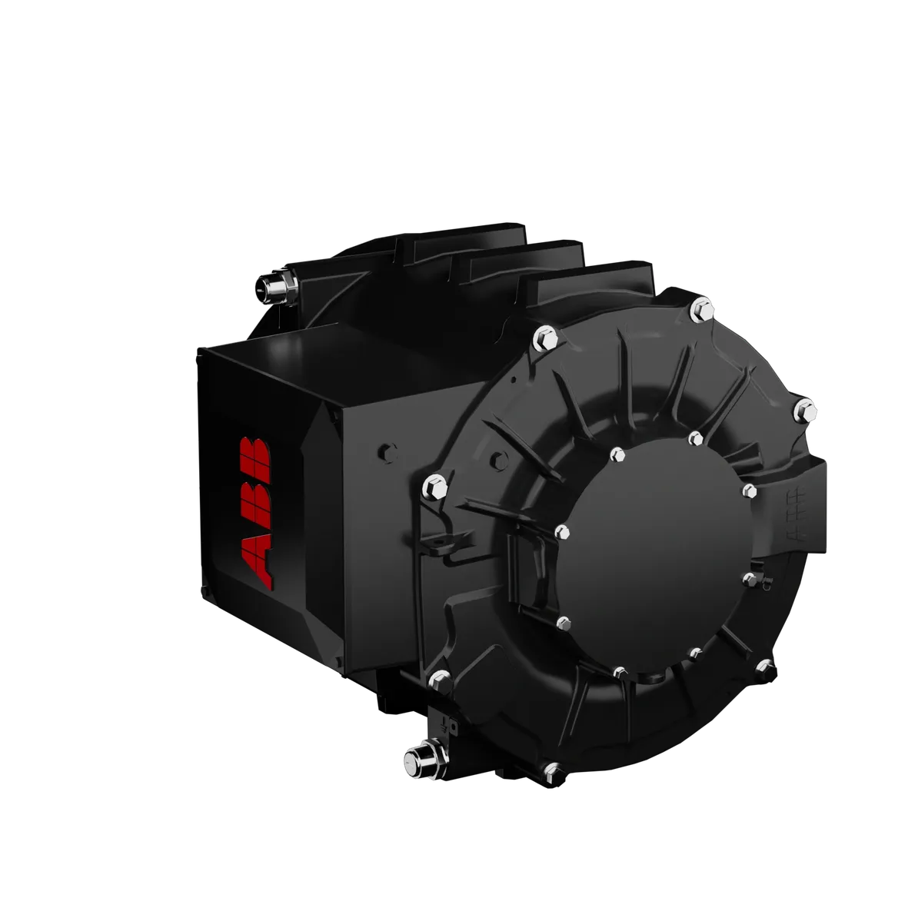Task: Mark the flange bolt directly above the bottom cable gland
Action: (x=439, y=678)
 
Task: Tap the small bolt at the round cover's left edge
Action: (x=561, y=531)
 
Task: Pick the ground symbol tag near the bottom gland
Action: (x=446, y=723)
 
